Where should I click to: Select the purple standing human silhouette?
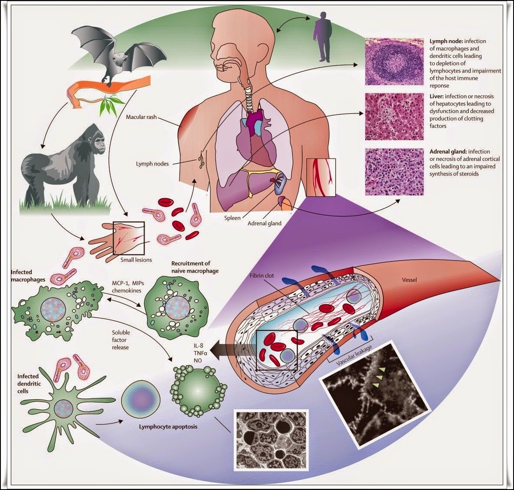point(323,37)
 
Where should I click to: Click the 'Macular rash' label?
point(141,117)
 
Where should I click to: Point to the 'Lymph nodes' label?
point(152,164)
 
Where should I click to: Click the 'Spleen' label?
point(232,218)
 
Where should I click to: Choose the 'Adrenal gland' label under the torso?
point(264,223)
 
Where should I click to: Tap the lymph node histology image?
point(394,61)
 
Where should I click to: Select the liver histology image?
point(394,116)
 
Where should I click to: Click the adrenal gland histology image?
point(394,172)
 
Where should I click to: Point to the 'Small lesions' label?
point(136,260)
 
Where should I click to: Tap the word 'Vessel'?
point(409,280)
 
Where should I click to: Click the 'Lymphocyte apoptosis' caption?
point(168,426)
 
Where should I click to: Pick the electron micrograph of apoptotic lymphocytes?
point(271,440)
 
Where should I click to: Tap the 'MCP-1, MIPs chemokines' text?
point(128,287)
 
